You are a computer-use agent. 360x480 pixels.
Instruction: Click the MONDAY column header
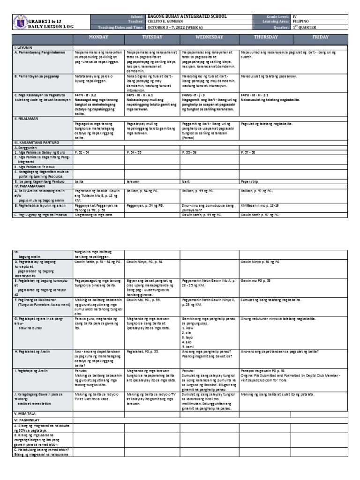[99, 37]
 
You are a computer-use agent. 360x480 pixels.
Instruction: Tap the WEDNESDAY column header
[209, 37]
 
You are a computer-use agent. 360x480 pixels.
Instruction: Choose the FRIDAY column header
[320, 37]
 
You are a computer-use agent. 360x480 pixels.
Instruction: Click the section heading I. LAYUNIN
[22, 48]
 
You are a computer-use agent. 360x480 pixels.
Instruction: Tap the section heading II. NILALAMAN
[25, 119]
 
